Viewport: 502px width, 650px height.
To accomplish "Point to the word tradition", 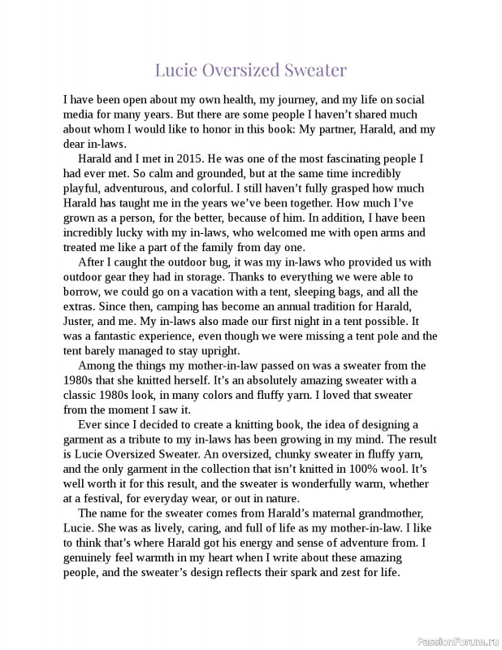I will (335, 306).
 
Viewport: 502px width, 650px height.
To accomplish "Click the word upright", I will (219, 351).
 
